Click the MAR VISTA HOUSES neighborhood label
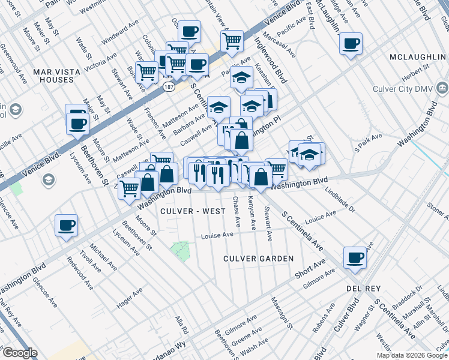(x=56, y=76)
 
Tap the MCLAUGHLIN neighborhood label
(x=417, y=56)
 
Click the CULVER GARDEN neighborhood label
(x=258, y=258)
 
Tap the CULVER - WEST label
(x=193, y=211)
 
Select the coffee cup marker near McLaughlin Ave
(x=351, y=43)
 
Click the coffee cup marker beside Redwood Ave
(x=67, y=226)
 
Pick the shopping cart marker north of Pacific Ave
(x=232, y=41)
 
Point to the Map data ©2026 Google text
(x=412, y=355)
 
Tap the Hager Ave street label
(x=130, y=298)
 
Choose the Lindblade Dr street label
(x=340, y=201)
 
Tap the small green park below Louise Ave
(x=181, y=251)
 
